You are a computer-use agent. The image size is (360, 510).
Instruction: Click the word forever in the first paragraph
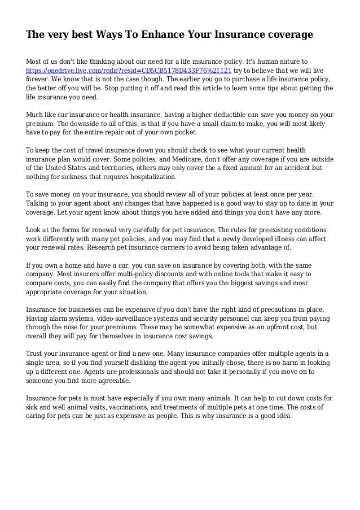point(38,80)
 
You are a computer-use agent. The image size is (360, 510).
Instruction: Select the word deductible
point(212,114)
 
